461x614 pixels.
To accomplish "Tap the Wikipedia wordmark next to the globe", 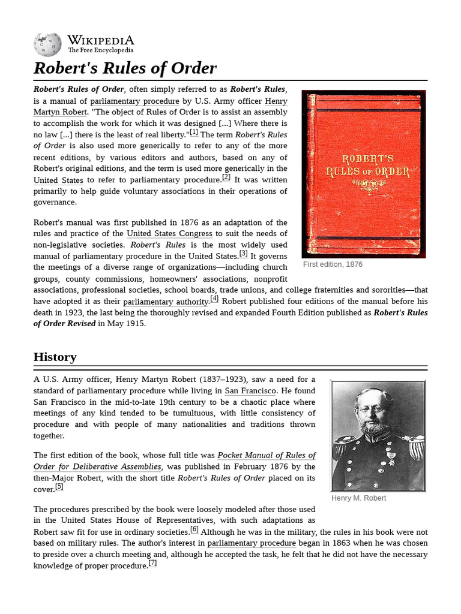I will click(x=100, y=40).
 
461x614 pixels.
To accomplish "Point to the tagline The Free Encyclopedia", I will click(x=100, y=51).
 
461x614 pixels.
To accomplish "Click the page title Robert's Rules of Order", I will click(x=125, y=68).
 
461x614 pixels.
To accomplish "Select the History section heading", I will click(x=55, y=357).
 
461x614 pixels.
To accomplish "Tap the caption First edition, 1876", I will click(x=333, y=264).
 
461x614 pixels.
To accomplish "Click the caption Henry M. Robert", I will click(x=358, y=498).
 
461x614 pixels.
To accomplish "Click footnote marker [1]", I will click(x=194, y=132).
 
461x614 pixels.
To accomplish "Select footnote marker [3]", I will click(x=243, y=254).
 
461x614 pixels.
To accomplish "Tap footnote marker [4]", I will click(x=214, y=299).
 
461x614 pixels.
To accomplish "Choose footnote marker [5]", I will click(x=59, y=486).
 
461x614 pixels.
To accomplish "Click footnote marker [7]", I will click(x=152, y=563).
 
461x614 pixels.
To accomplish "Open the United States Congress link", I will click(x=169, y=233).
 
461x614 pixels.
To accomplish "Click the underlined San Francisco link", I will click(x=250, y=390).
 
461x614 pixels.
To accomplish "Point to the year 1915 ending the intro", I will click(x=135, y=324).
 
